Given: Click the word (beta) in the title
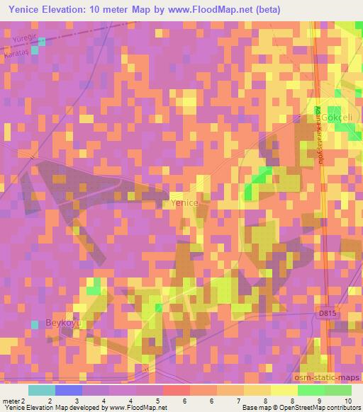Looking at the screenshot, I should (268, 11).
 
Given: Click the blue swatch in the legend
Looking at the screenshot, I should (68, 390).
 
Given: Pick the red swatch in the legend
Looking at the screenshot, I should (177, 390).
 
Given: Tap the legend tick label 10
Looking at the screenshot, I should (347, 400).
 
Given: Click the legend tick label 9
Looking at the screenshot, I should (322, 400).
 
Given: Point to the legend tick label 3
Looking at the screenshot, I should (75, 400).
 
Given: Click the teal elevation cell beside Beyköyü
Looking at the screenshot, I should (35, 324).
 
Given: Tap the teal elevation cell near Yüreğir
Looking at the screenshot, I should (42, 41).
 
